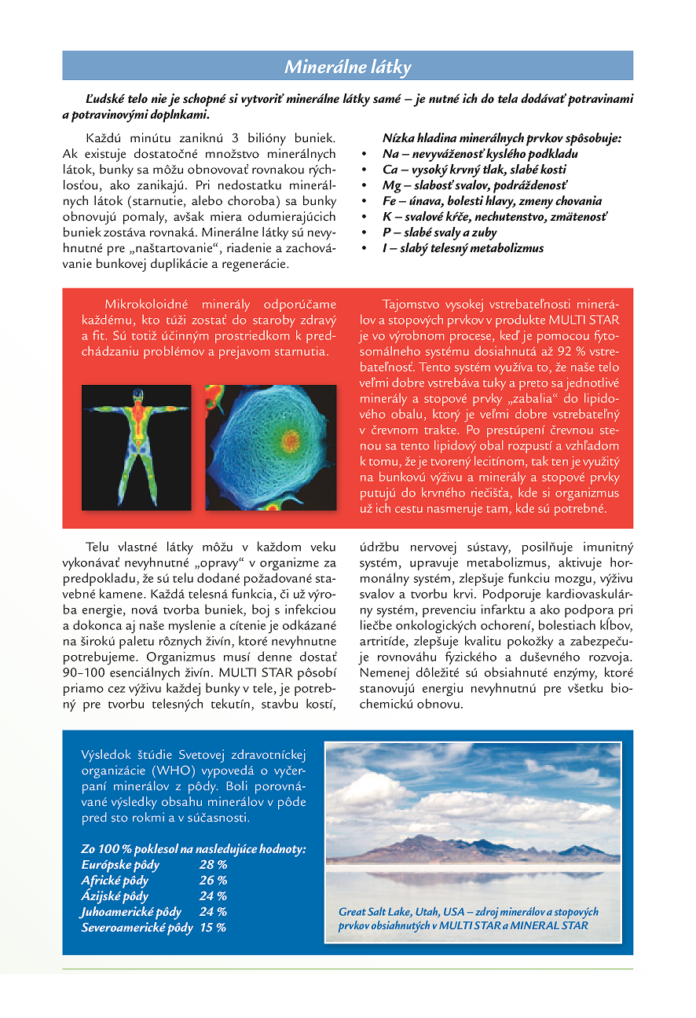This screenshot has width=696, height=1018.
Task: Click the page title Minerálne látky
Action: (x=347, y=67)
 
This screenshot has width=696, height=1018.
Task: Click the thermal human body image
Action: (x=137, y=447)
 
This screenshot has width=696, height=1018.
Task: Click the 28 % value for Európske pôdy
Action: (x=213, y=865)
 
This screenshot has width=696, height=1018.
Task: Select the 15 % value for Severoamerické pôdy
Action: (x=213, y=928)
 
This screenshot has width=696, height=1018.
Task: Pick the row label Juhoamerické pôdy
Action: (x=131, y=912)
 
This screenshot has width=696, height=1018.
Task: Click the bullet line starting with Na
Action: (x=480, y=154)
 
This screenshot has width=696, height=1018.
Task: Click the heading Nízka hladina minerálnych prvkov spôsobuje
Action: (x=502, y=138)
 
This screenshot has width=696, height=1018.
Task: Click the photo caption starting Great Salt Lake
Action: (x=468, y=918)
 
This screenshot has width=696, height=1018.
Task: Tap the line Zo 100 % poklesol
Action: (x=193, y=849)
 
